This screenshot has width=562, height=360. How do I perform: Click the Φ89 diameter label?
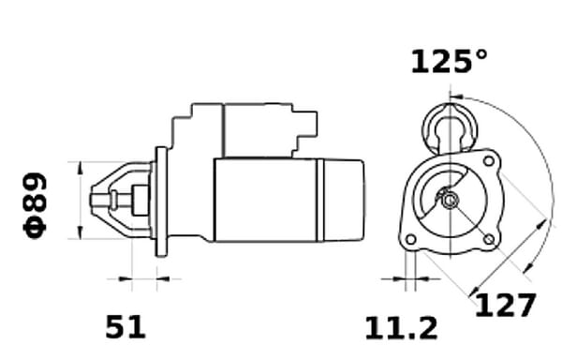[x=35, y=204]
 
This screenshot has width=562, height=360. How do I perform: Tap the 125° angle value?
[x=449, y=62]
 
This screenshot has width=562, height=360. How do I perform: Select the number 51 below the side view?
[x=126, y=327]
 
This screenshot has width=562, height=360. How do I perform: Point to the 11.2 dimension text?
[x=401, y=327]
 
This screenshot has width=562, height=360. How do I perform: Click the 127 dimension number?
[x=505, y=306]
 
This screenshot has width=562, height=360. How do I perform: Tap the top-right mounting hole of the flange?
[x=486, y=161]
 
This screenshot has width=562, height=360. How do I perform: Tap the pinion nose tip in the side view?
[x=96, y=200]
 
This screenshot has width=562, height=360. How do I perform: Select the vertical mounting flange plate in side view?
[x=160, y=201]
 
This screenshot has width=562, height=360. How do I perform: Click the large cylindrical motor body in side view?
[x=267, y=200]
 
